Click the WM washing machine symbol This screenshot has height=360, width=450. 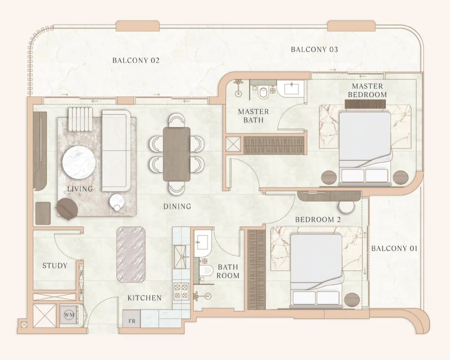[x=68, y=315]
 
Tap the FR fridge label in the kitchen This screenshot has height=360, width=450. [x=132, y=320]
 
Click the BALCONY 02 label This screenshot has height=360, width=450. [x=135, y=60]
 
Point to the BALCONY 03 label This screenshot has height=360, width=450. [x=314, y=49]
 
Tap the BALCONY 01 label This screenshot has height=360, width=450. [x=394, y=248]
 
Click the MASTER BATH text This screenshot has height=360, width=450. [x=253, y=115]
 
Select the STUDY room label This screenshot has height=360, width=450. [x=54, y=265]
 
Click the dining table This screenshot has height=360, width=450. [x=176, y=154]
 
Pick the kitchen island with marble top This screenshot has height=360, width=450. [x=131, y=254]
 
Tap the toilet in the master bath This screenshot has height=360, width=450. [x=263, y=92]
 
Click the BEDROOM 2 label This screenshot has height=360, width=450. [x=318, y=219]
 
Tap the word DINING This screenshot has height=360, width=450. [x=177, y=206]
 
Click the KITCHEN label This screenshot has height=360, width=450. [x=144, y=298]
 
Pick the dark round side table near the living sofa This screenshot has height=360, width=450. [x=65, y=208]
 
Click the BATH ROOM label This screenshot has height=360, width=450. [x=228, y=271]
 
